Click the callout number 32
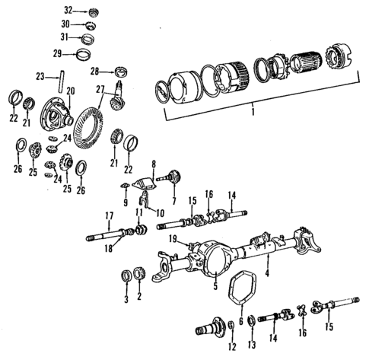(x=68, y=11)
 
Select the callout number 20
(x=70, y=91)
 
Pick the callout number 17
(x=110, y=215)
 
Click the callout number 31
(x=68, y=38)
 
